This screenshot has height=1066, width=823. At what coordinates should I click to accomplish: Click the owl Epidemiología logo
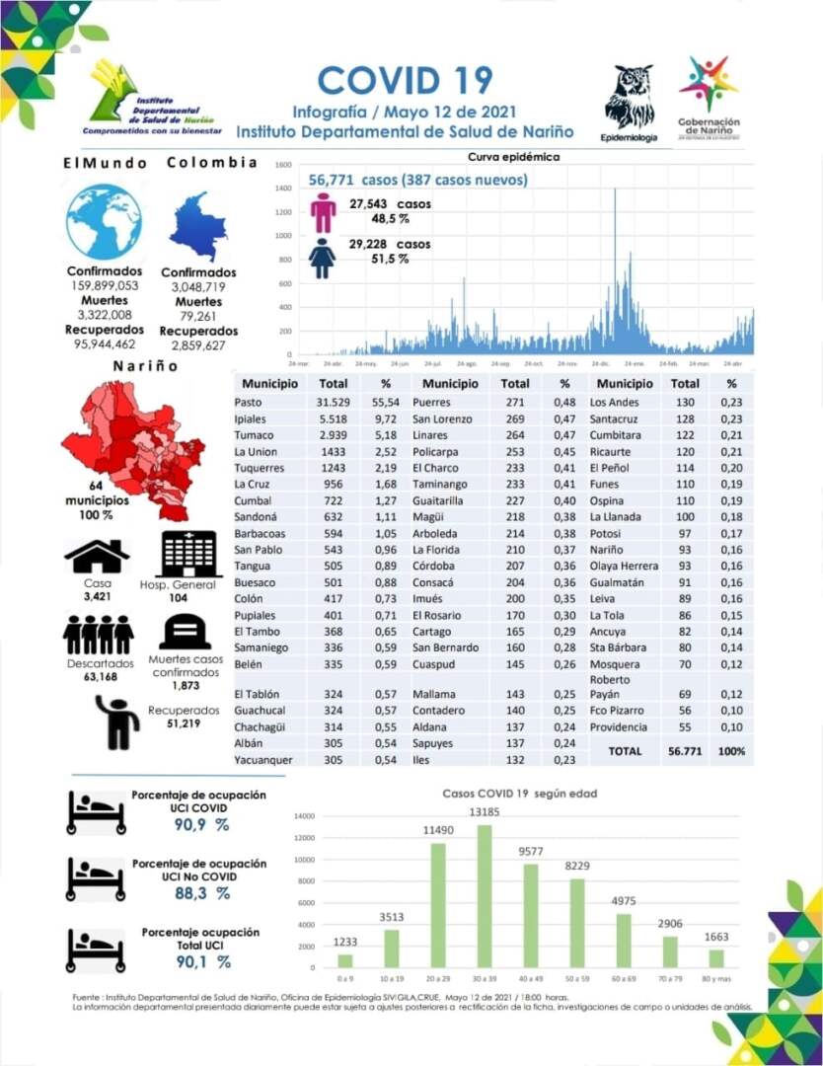pos(629,97)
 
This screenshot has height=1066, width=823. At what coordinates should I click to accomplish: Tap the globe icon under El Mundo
pos(104,222)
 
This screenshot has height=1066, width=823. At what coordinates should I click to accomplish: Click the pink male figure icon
pos(324,212)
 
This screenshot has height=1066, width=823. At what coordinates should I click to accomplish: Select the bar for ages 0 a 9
pos(344,960)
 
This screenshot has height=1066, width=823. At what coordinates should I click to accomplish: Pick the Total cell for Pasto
pos(334,403)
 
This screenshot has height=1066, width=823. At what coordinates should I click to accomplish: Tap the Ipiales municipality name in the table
pos(252,419)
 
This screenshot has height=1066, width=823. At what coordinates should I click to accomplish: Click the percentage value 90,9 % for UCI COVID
pos(201,825)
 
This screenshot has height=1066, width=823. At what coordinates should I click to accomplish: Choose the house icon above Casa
pos(97,557)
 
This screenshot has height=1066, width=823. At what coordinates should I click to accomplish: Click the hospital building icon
pos(190,555)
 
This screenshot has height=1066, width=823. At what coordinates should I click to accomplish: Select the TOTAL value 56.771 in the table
pos(685,751)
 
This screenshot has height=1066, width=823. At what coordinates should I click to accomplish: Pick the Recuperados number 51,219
pos(185,723)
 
